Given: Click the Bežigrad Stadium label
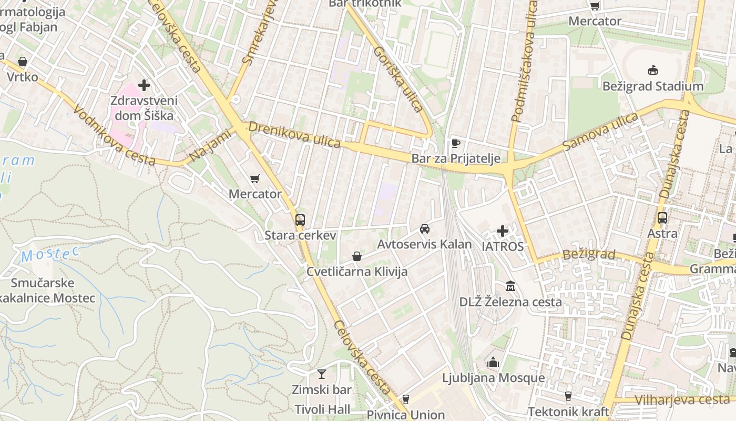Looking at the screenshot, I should pos(652,86).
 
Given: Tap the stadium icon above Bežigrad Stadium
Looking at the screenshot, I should pos(653,70).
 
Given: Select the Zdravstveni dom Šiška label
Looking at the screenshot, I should pos(144,108).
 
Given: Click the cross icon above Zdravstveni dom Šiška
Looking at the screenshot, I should pos(144,85).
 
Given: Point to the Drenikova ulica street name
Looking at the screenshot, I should pos(295,135).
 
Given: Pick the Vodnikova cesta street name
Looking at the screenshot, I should pos(114,135).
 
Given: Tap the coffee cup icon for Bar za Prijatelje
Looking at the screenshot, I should pos(456,143).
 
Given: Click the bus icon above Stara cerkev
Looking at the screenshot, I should pos(300,220).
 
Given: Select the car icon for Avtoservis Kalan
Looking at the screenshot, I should pos(425,229).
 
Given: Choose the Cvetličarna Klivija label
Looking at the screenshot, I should pos(357,272).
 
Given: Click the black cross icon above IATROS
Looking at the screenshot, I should pos(503,231).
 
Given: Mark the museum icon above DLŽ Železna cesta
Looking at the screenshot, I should pos(510,286).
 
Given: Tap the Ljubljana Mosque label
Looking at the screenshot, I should pos(493,378).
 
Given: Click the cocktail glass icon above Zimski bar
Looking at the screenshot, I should pos(322,374).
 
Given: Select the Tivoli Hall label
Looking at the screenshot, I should pos(322,409).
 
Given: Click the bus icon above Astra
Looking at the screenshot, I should pos(662,217).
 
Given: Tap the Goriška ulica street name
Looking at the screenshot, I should pos(398,79).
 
